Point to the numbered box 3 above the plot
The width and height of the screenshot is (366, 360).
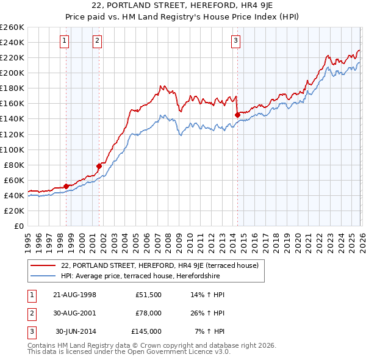tap(235, 41)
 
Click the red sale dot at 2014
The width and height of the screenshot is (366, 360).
tap(237, 114)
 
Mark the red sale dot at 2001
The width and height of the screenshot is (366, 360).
tap(99, 165)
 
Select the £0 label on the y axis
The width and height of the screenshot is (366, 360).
tap(18, 226)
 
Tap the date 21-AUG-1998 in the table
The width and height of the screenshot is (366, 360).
tap(75, 295)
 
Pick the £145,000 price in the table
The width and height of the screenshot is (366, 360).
tap(146, 331)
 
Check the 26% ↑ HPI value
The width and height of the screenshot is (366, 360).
tap(207, 313)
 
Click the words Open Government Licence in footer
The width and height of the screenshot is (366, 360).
tap(174, 352)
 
